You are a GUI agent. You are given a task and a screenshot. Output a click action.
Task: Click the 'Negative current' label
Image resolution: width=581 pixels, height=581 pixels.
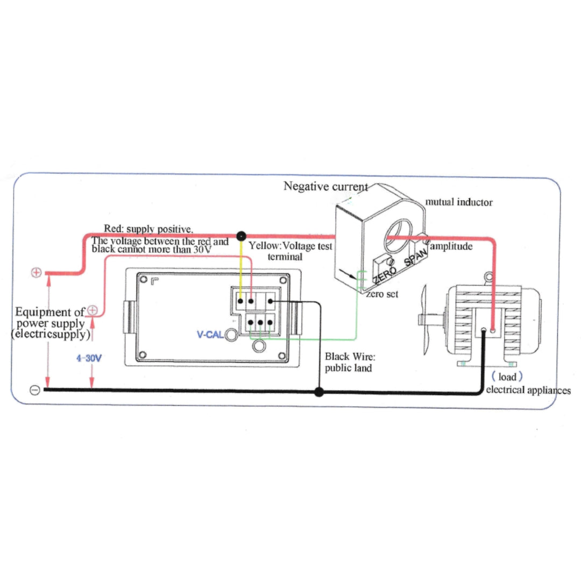pyautogui.click(x=325, y=187)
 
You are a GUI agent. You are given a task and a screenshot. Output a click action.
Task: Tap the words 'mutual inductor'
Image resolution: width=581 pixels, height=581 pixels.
pyautogui.click(x=459, y=202)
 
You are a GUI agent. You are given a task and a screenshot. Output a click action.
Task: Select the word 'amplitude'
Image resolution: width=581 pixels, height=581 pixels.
pyautogui.click(x=451, y=246)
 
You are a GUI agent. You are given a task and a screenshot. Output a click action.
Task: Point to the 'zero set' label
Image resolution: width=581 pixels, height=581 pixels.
pyautogui.click(x=382, y=294)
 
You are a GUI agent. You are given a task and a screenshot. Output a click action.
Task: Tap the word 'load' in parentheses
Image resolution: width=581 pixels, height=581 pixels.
pyautogui.click(x=507, y=377)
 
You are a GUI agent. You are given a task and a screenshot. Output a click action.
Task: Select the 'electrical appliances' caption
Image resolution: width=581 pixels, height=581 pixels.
pyautogui.click(x=528, y=390)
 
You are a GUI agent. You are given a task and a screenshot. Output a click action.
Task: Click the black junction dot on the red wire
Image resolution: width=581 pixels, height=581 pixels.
pyautogui.click(x=242, y=235)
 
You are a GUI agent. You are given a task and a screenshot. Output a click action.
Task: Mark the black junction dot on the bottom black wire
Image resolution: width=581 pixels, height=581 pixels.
pyautogui.click(x=319, y=392)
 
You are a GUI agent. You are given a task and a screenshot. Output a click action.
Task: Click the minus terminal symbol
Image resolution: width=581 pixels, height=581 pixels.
pyautogui.click(x=34, y=390)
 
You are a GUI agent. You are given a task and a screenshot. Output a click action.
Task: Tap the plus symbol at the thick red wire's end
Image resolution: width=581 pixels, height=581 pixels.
pyautogui.click(x=36, y=272)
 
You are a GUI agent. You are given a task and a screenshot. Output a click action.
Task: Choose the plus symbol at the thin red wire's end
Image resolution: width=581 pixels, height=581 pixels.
pyautogui.click(x=92, y=310)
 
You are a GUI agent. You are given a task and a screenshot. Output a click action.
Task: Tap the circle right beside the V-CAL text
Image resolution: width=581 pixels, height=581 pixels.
pyautogui.click(x=232, y=335)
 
